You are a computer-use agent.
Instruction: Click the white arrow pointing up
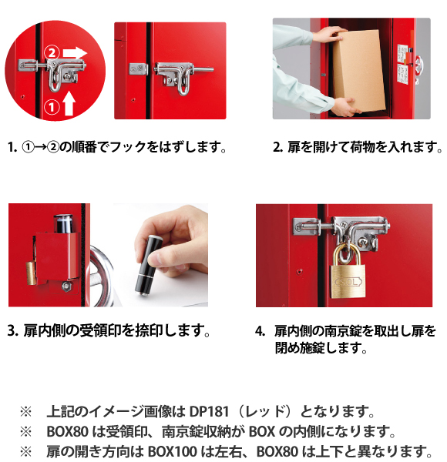pyautogui.click(x=69, y=104)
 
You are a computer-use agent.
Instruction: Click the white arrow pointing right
pyautogui.click(x=75, y=53)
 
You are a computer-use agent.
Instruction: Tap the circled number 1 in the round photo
pyautogui.click(x=52, y=107)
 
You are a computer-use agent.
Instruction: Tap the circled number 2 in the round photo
pyautogui.click(x=52, y=53)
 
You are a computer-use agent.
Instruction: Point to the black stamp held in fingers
pyautogui.click(x=148, y=265)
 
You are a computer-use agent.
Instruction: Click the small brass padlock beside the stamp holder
pyautogui.click(x=31, y=273)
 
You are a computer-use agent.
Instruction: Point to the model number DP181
pyautogui.click(x=209, y=412)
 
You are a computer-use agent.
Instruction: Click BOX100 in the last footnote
pyautogui.click(x=172, y=451)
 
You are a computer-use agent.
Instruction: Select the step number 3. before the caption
pyautogui.click(x=12, y=331)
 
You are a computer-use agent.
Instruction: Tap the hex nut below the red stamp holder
pyautogui.click(x=66, y=286)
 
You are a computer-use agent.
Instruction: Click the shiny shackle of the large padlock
pyautogui.click(x=347, y=253)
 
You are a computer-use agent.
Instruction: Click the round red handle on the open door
pyautogui.click(x=418, y=65)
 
